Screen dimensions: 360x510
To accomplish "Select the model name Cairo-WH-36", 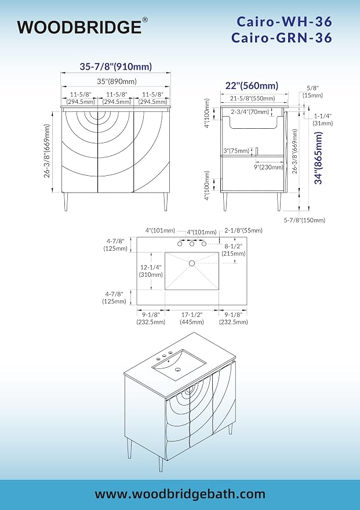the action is click(284, 22).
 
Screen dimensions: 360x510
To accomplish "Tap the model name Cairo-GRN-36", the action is click(282, 38).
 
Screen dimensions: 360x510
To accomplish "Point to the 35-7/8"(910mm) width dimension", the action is click(116, 67).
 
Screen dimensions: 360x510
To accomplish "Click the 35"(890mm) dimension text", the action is click(117, 81).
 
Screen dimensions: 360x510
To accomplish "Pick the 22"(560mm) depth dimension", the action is click(252, 85).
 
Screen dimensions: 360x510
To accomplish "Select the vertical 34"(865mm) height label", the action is click(319, 158).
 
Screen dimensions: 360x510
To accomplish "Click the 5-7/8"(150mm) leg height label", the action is click(304, 220).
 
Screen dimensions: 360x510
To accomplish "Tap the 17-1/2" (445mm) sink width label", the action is click(192, 318).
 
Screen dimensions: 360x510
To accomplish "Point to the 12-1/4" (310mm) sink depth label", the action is click(151, 270).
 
